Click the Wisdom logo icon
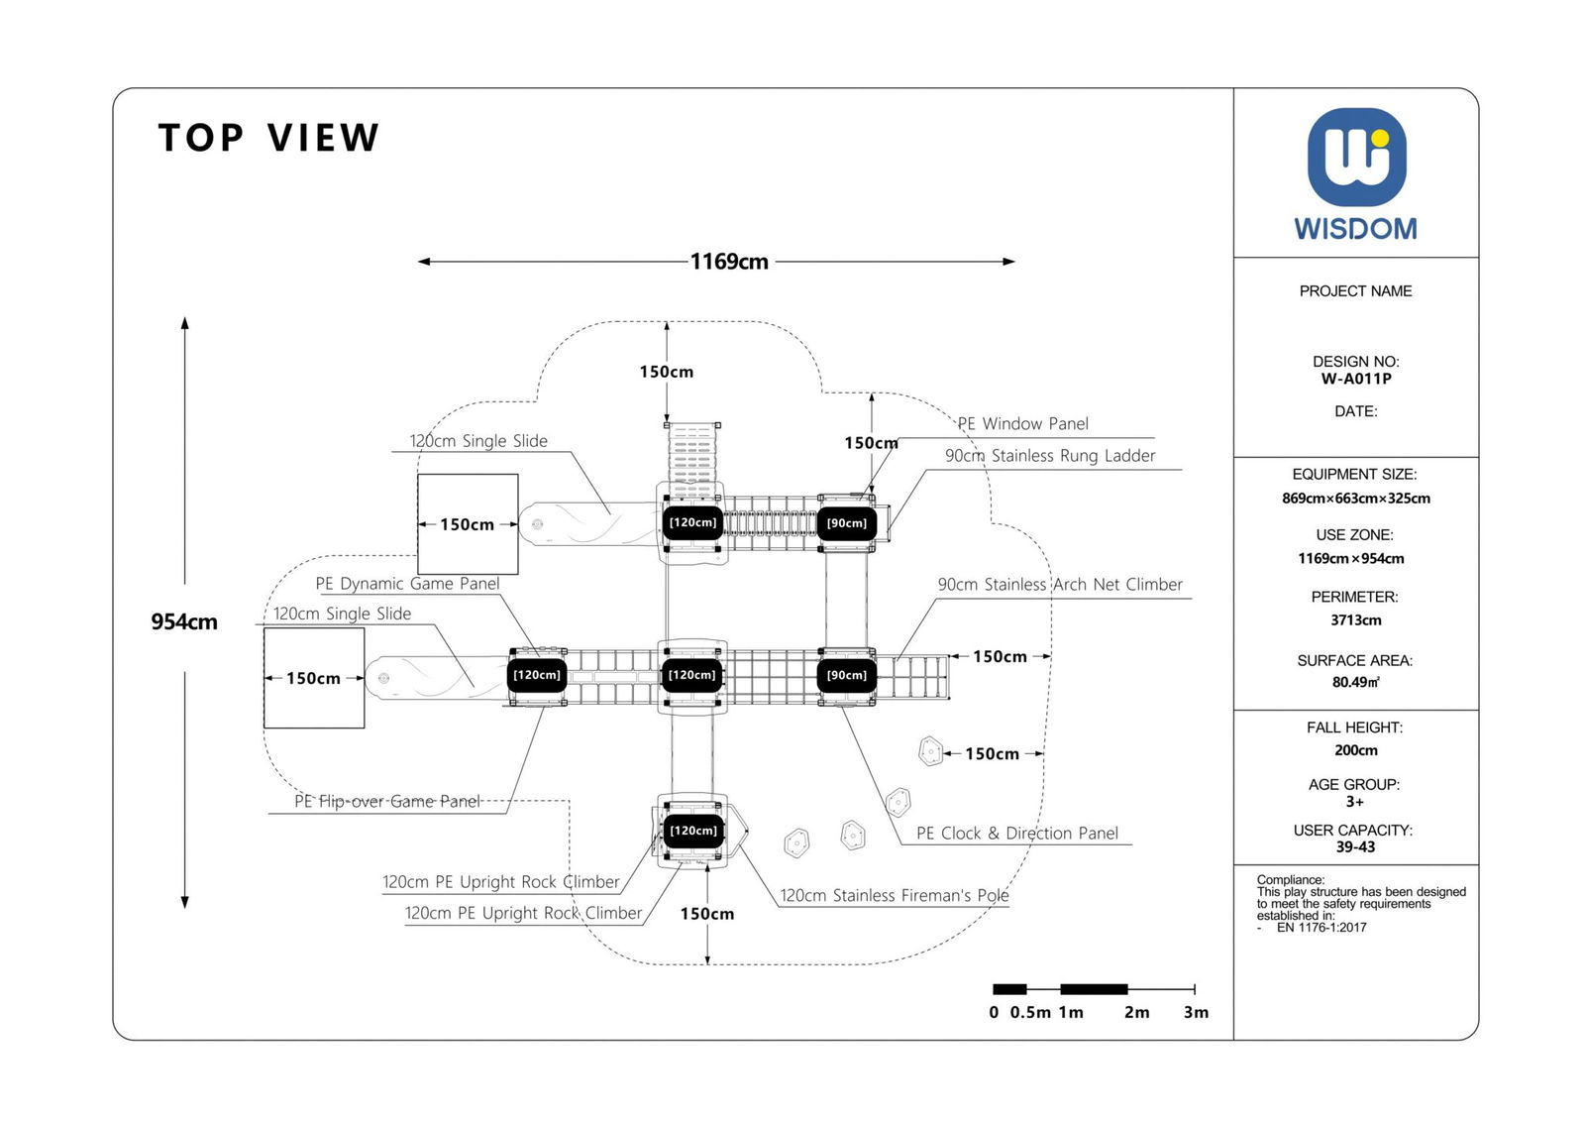tap(1355, 158)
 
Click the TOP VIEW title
tap(268, 138)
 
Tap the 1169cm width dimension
tap(729, 262)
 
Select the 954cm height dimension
tap(184, 622)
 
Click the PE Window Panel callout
tap(1022, 424)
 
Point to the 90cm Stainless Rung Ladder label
tap(1049, 456)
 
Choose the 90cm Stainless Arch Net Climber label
tap(1060, 585)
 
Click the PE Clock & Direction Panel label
tap(1016, 834)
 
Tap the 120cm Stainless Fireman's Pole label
tap(894, 896)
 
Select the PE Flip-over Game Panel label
tap(387, 801)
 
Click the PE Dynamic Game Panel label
tap(407, 584)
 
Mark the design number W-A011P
tap(1355, 379)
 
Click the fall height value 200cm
tap(1355, 750)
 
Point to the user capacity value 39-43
tap(1355, 847)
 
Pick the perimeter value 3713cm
tap(1355, 620)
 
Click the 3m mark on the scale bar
tap(1196, 1012)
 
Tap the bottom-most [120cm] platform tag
tap(692, 831)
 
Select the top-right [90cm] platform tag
tap(847, 523)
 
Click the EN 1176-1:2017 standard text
tap(1321, 928)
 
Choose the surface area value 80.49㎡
tap(1355, 682)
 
